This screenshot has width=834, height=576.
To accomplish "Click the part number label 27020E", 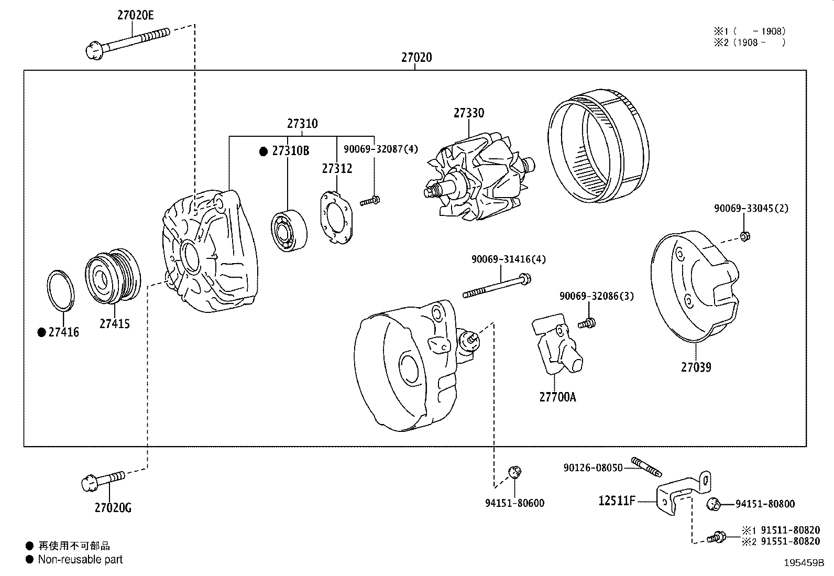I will point(135,15).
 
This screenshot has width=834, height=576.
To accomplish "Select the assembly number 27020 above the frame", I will point(416,57).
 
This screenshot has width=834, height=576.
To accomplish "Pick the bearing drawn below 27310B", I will point(289,231).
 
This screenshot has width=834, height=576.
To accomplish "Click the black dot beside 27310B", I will point(264,151).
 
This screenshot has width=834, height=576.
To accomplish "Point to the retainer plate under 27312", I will point(337,218).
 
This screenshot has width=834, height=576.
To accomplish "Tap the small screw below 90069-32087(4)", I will point(370,200).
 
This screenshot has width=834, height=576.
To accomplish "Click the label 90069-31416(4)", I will point(501,259).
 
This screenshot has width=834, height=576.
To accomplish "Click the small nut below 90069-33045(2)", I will point(744,236).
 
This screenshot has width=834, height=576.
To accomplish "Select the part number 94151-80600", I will point(514,503).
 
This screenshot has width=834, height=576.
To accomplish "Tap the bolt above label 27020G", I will point(104,480).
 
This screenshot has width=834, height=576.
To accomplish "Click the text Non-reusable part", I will point(80,559).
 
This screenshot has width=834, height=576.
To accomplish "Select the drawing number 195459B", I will point(804,563).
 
